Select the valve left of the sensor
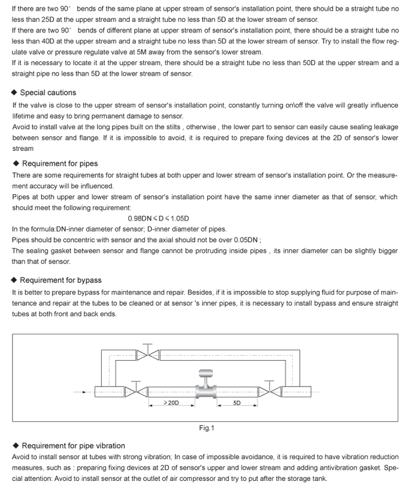135,391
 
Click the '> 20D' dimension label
171,403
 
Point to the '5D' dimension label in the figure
237,403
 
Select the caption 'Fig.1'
207,428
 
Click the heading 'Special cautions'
48,93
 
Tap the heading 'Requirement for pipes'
59,164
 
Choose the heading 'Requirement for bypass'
61,280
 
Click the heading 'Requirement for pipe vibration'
72,445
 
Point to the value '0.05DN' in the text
246,239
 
